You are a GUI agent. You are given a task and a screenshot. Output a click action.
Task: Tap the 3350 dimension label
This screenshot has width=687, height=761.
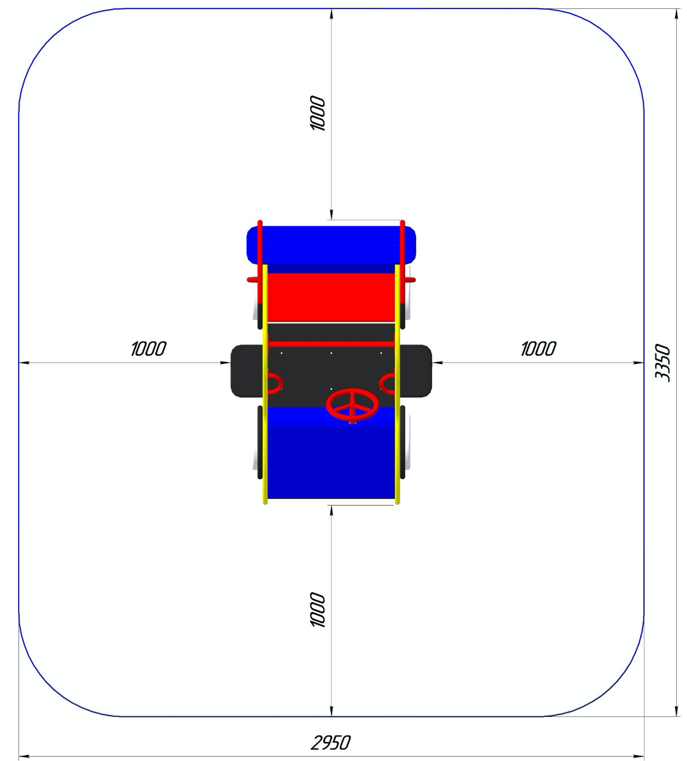(663, 363)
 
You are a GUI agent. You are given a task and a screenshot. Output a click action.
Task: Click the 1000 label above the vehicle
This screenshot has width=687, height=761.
(318, 113)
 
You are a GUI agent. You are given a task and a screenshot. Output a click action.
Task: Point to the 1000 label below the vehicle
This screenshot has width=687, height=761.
(318, 609)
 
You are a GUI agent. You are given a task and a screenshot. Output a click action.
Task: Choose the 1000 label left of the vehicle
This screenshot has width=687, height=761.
(149, 349)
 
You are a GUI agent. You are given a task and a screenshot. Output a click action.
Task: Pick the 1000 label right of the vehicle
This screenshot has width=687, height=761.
(538, 349)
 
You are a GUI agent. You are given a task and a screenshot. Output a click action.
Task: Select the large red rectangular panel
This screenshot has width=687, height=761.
(331, 297)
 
